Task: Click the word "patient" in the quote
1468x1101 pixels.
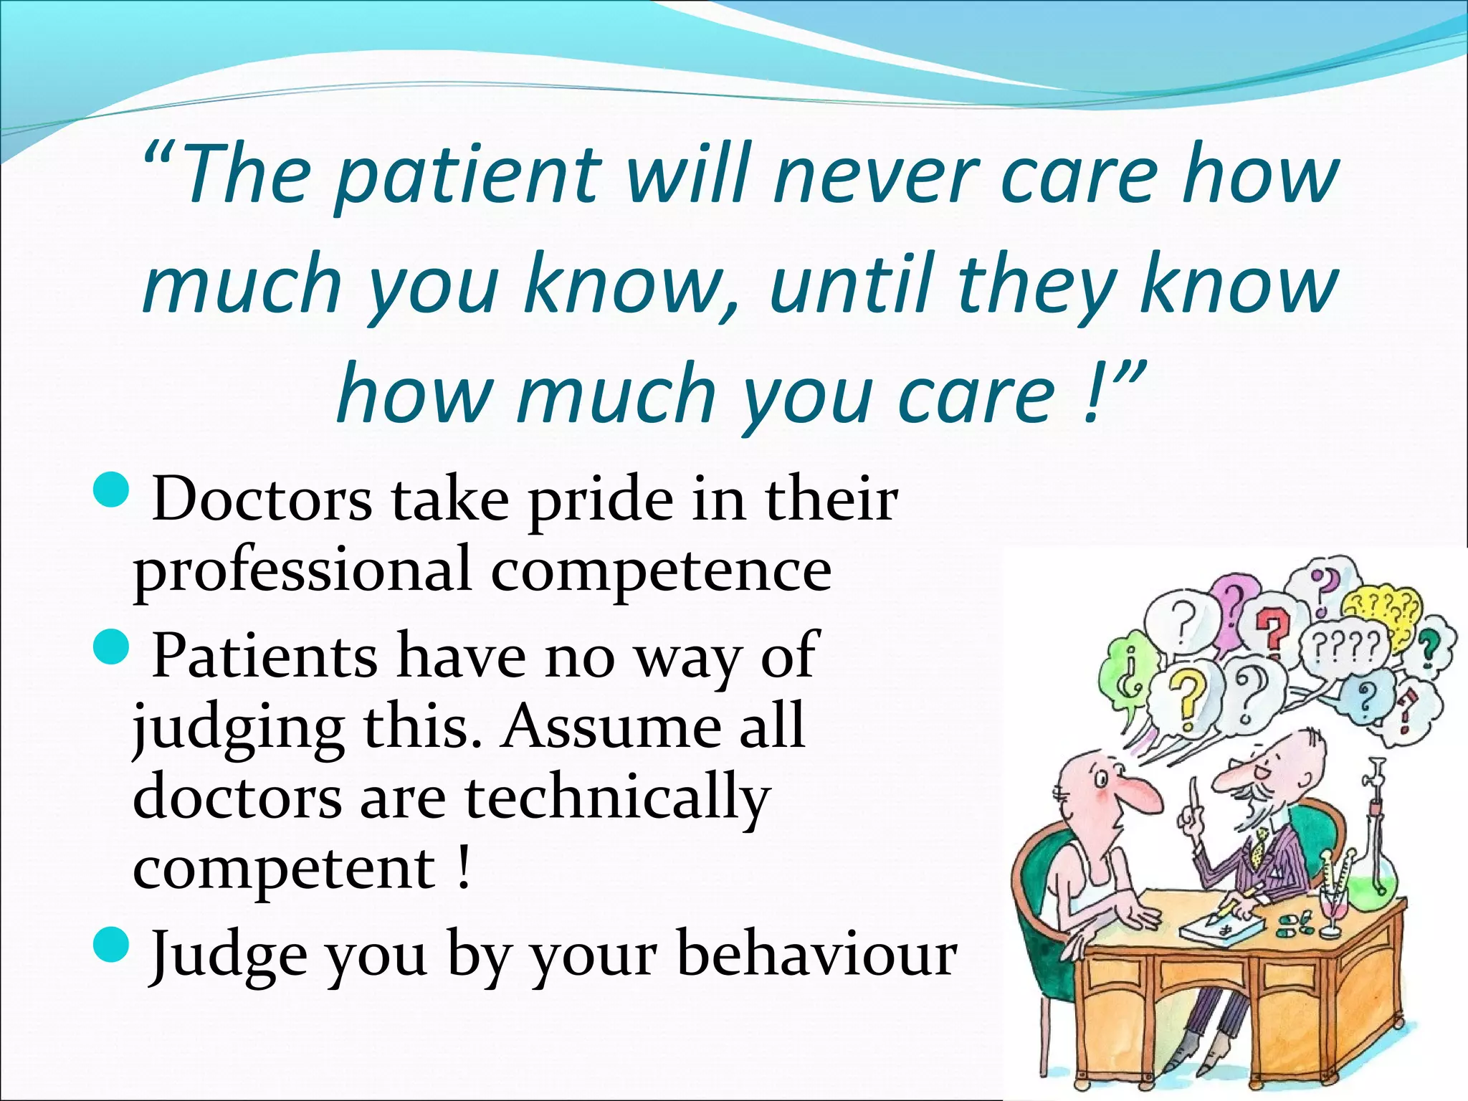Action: tap(466, 176)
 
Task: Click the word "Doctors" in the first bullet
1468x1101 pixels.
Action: tap(262, 500)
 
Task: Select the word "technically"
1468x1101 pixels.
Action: tap(617, 800)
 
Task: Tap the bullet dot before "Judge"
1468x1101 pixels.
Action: tap(112, 943)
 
